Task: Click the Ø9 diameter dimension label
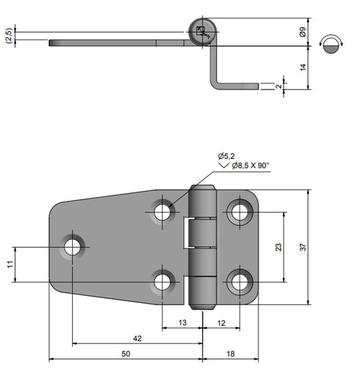302,32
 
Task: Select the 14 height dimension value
303,67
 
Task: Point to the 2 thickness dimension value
279,86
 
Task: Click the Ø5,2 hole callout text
226,156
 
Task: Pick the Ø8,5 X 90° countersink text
250,165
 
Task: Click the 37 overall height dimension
303,247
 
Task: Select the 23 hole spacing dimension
279,247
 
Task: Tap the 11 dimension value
10,265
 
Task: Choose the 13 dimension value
182,323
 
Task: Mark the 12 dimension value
221,323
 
